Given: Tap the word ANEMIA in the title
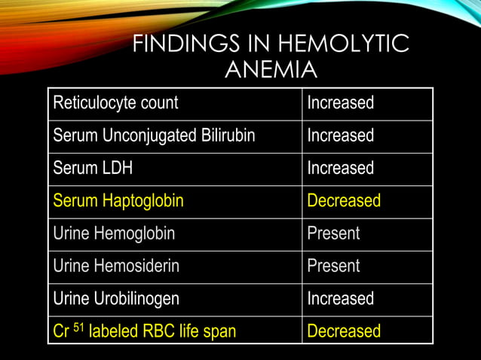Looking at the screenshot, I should [271, 70].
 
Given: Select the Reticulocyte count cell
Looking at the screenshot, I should [115, 103].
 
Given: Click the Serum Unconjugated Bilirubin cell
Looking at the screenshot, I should [154, 136].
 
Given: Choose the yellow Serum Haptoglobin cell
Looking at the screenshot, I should [118, 201].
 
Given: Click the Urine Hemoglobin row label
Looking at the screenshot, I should [114, 233].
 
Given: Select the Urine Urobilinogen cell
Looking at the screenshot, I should [116, 298].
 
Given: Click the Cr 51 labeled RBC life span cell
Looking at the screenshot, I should [144, 331].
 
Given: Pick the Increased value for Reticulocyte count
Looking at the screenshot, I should [340, 103].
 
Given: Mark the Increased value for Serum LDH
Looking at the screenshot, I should [340, 168].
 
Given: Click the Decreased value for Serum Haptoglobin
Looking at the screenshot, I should [344, 201].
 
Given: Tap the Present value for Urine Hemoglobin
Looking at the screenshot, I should [333, 233].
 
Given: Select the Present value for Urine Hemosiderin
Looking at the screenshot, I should [333, 266].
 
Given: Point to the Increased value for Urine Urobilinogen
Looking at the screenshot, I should [340, 298].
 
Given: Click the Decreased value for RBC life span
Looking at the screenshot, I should [344, 331].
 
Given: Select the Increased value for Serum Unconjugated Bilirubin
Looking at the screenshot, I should [340, 136].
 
